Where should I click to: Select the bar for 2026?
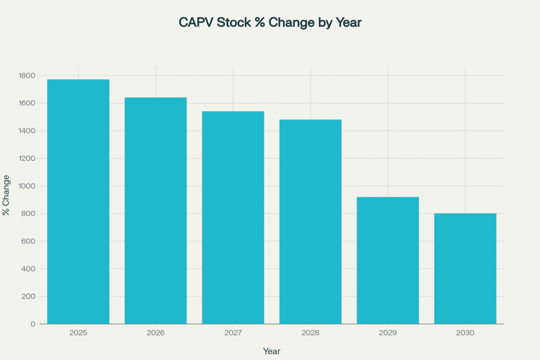156,210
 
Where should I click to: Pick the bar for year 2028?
310,221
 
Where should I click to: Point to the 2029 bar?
388,260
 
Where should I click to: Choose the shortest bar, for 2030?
465,268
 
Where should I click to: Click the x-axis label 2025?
78,333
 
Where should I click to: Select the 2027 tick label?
233,333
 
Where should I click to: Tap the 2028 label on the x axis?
310,333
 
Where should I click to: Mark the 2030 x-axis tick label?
465,333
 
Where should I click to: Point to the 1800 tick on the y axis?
27,75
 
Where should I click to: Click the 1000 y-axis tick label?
27,186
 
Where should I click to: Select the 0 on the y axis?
33,324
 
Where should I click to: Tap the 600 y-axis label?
28,241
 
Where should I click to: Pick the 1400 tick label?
27,131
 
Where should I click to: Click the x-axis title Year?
272,351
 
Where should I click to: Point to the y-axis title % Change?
6,195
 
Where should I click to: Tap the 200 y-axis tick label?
28,296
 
